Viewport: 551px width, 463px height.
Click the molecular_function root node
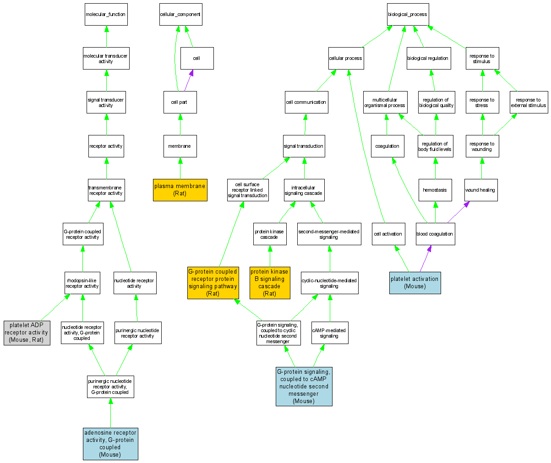pyautogui.click(x=106, y=14)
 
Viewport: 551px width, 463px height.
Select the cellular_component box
pyautogui.click(x=180, y=14)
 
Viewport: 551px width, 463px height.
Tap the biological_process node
pyautogui.click(x=407, y=14)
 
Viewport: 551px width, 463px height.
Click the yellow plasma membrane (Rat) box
pyautogui.click(x=180, y=190)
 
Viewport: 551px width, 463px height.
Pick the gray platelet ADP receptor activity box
pyautogui.click(x=27, y=333)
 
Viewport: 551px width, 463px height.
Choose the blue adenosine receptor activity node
pyautogui.click(x=110, y=444)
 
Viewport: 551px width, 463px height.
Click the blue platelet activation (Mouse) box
pyautogui.click(x=415, y=282)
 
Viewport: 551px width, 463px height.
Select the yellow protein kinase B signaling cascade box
pyautogui.click(x=270, y=283)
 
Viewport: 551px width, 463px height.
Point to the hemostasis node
pyautogui.click(x=435, y=190)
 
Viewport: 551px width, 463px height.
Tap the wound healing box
pyautogui.click(x=480, y=190)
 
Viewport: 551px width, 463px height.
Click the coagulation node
pyautogui.click(x=387, y=146)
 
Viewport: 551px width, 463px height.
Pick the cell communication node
pyautogui.click(x=306, y=102)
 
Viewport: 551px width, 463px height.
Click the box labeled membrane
pyautogui.click(x=180, y=146)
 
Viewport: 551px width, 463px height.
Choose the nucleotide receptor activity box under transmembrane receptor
pyautogui.click(x=135, y=283)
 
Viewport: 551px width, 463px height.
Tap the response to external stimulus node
pyautogui.click(x=529, y=102)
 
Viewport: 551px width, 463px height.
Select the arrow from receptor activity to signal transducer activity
pyautogui.click(x=106, y=124)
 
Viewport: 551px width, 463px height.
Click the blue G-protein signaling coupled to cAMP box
pyautogui.click(x=304, y=386)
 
